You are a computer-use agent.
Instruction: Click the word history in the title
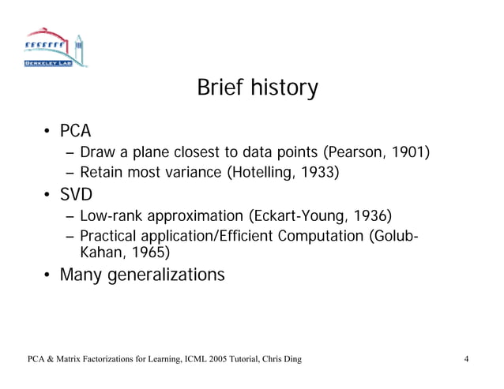click(281, 88)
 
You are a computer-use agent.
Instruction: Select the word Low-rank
click(112, 216)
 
